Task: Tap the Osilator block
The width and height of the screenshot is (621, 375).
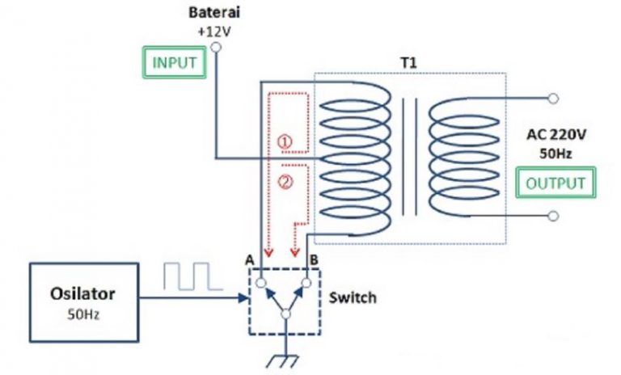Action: tap(83, 300)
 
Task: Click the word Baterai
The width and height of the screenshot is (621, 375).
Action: tap(213, 14)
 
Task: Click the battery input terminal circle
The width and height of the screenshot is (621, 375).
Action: tap(215, 48)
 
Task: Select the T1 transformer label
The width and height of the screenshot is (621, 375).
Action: tap(412, 62)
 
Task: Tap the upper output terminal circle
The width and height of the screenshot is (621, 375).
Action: tap(553, 99)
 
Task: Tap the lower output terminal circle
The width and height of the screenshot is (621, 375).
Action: tap(553, 216)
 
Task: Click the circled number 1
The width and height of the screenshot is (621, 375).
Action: tap(284, 141)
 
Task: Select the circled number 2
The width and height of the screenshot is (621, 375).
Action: tap(284, 182)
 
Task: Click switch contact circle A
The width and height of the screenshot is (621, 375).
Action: tap(261, 284)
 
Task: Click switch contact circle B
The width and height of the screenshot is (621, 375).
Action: tap(307, 284)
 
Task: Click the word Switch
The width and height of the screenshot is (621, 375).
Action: tap(353, 297)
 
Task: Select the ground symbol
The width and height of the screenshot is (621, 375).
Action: tap(285, 358)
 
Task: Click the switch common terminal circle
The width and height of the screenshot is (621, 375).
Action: tap(285, 313)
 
